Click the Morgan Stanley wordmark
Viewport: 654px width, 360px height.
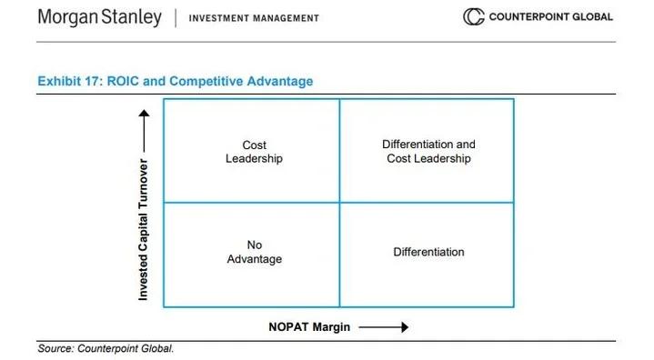(99, 17)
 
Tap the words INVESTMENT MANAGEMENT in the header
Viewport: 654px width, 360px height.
(254, 18)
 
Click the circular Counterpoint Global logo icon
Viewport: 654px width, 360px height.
(473, 17)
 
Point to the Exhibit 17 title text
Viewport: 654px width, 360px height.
(175, 81)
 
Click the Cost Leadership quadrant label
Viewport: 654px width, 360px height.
(254, 152)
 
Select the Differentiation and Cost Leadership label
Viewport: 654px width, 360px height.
(428, 151)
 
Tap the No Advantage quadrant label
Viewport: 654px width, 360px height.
(254, 252)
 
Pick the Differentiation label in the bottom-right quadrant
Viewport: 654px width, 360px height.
(428, 252)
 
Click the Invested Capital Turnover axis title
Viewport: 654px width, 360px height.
(144, 229)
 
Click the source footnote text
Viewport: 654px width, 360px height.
(105, 348)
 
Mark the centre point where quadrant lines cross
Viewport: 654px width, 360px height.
(339, 202)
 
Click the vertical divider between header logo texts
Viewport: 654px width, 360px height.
(175, 17)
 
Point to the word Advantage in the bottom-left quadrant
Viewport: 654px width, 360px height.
(254, 259)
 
